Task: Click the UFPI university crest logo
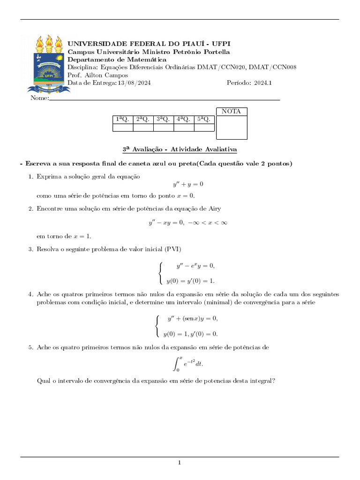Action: [x=48, y=63]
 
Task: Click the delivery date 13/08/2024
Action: [x=134, y=83]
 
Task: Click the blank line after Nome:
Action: [x=164, y=99]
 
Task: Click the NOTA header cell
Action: [x=231, y=112]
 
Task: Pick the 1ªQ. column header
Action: [x=122, y=120]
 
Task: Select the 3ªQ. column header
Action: [x=163, y=120]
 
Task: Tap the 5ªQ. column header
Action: [x=204, y=120]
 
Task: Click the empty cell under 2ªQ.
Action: [x=143, y=127]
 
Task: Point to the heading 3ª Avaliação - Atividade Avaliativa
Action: [x=180, y=149]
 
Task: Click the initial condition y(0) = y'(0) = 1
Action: [x=190, y=281]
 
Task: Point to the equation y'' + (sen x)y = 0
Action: [x=193, y=319]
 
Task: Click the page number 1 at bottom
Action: [x=179, y=463]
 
